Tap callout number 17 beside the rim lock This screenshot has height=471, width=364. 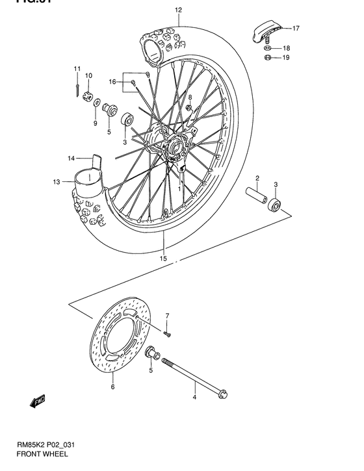coord(296,29)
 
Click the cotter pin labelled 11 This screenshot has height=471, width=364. coord(77,83)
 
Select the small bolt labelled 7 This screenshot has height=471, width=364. coord(168,334)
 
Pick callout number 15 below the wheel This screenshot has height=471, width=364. coord(163,259)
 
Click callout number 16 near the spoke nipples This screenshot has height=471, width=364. coord(112,82)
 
